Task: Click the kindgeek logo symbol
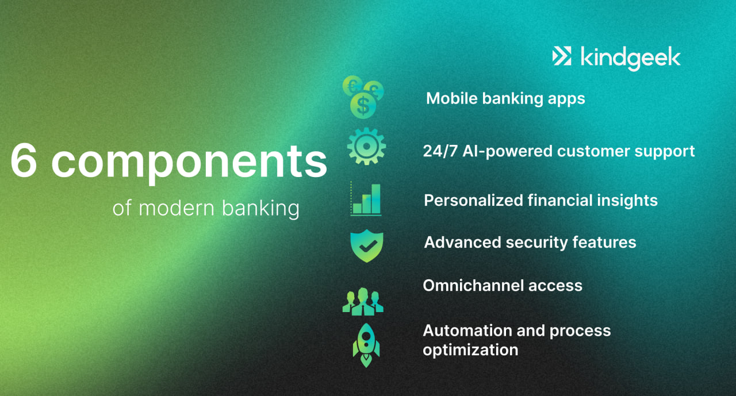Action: coord(562,56)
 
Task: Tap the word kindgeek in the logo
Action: coord(630,57)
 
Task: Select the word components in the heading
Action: coord(189,162)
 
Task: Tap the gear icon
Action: coord(366,147)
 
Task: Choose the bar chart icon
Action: coord(366,199)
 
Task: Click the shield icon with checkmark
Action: coord(366,245)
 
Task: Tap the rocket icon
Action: coord(366,344)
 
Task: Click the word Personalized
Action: coord(473,201)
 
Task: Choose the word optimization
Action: coord(470,350)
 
